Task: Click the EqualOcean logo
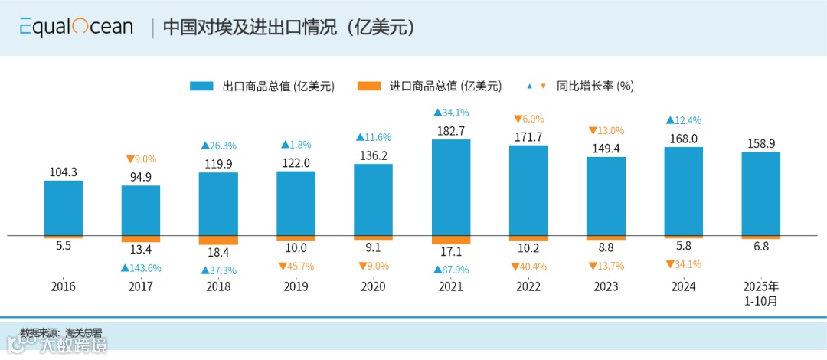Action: click(x=77, y=28)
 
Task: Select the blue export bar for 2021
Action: click(x=451, y=187)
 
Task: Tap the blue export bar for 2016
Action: click(x=64, y=208)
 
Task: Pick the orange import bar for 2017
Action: click(x=141, y=238)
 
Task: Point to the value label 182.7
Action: click(x=451, y=131)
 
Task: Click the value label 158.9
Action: click(x=760, y=143)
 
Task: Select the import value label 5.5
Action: click(x=64, y=247)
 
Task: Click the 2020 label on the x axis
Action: click(x=373, y=287)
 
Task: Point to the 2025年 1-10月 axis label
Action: click(x=760, y=294)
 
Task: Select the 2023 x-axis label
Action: click(x=606, y=287)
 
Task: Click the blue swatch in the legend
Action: click(x=203, y=86)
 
